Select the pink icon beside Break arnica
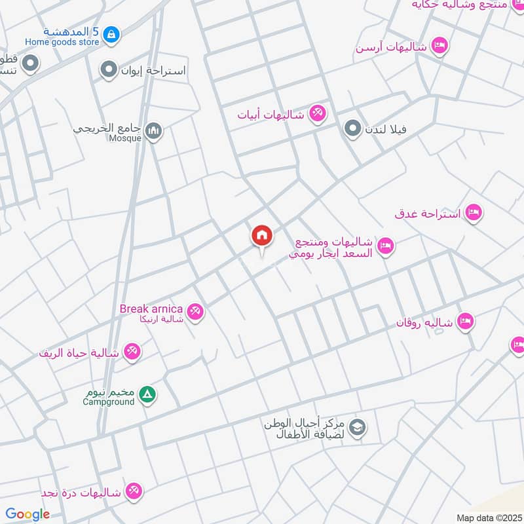tap(195, 312)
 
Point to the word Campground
tap(108, 402)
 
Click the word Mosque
tap(125, 138)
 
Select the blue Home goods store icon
tap(111, 33)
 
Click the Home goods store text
tap(62, 42)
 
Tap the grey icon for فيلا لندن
tap(353, 128)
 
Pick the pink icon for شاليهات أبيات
tap(318, 113)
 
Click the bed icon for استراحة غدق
tap(474, 213)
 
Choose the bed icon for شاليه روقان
tap(466, 321)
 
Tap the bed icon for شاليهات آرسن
tap(440, 46)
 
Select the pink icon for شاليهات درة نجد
tap(134, 491)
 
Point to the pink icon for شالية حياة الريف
tap(132, 352)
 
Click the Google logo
tap(28, 514)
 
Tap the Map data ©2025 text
tap(488, 517)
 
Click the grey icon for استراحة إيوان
tap(109, 69)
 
